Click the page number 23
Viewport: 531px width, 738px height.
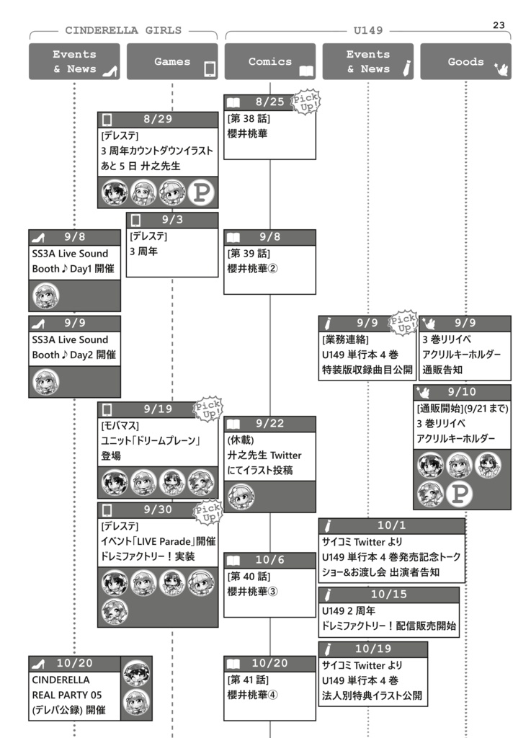tap(499, 25)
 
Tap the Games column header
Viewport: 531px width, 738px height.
tap(172, 62)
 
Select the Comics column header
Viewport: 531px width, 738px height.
tap(270, 62)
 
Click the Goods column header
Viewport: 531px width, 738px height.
tap(465, 62)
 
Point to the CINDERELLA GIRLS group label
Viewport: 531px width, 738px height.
tap(123, 31)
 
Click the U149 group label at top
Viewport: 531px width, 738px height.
tap(368, 31)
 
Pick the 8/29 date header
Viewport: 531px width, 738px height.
tap(158, 120)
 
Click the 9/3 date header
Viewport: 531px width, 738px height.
tap(172, 220)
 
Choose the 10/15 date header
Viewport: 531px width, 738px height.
tap(389, 595)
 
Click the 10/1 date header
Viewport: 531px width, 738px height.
tap(392, 525)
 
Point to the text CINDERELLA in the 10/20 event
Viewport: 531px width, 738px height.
tap(61, 680)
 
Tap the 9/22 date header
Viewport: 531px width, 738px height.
tap(270, 424)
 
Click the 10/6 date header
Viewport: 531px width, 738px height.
tap(270, 560)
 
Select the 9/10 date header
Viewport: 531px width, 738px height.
tap(462, 392)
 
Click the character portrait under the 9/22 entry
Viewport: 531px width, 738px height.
tap(241, 497)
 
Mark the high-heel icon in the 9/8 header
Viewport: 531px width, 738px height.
tap(40, 237)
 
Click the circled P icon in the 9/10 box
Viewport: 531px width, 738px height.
tap(458, 495)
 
